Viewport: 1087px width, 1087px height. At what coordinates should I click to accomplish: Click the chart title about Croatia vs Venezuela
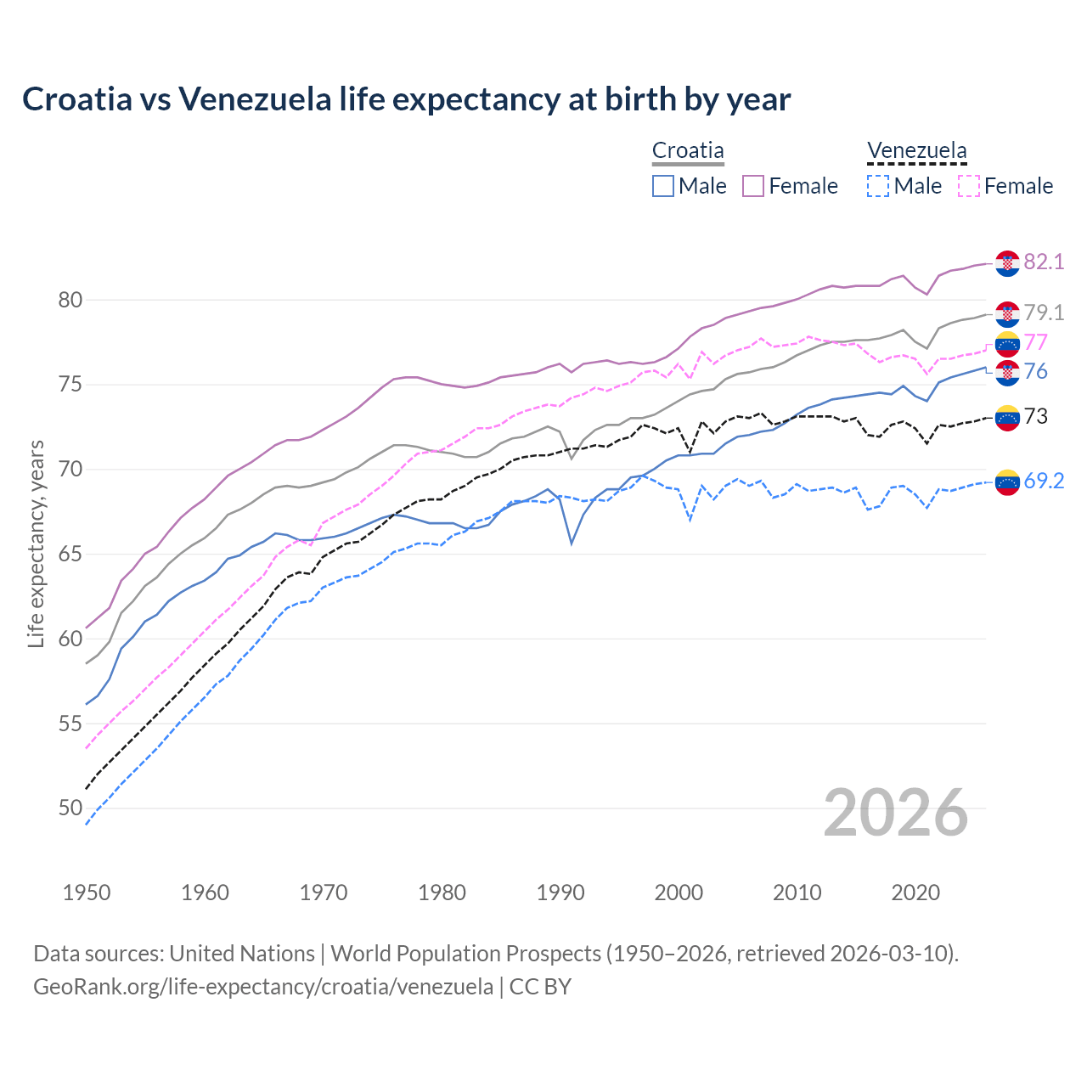tap(406, 99)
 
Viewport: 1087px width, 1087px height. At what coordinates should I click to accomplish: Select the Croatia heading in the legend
tap(688, 151)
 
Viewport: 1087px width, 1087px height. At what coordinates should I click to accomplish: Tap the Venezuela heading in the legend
tap(916, 151)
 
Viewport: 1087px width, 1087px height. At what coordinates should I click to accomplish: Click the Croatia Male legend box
tap(663, 186)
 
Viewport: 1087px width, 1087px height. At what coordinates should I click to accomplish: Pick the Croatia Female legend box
tap(753, 186)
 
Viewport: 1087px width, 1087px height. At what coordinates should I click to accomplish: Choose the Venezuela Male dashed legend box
tap(878, 186)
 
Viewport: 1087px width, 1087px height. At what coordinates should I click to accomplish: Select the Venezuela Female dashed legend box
tap(968, 186)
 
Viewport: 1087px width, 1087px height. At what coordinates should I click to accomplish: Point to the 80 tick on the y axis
tap(70, 300)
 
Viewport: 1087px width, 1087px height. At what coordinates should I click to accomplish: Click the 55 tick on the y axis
tap(70, 724)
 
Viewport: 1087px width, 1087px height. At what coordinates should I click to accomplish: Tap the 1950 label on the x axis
tap(87, 893)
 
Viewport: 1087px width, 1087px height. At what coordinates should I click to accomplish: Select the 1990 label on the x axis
tap(560, 893)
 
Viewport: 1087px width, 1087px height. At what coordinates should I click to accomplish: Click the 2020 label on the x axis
tap(915, 893)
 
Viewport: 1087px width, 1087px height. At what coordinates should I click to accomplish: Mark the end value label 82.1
tap(1044, 262)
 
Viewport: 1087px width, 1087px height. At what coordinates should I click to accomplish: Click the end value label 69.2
tap(1044, 481)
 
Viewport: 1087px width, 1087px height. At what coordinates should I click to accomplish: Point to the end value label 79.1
tap(1044, 313)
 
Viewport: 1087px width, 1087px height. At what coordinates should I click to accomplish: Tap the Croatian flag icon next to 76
tap(1007, 373)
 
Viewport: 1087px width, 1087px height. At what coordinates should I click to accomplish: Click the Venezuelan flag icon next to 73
tap(1007, 417)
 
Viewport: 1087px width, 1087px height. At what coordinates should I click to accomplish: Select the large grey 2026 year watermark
tap(896, 813)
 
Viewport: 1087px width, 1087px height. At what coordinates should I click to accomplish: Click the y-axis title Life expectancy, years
tap(36, 543)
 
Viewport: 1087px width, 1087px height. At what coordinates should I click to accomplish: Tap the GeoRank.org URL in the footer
tap(263, 987)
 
